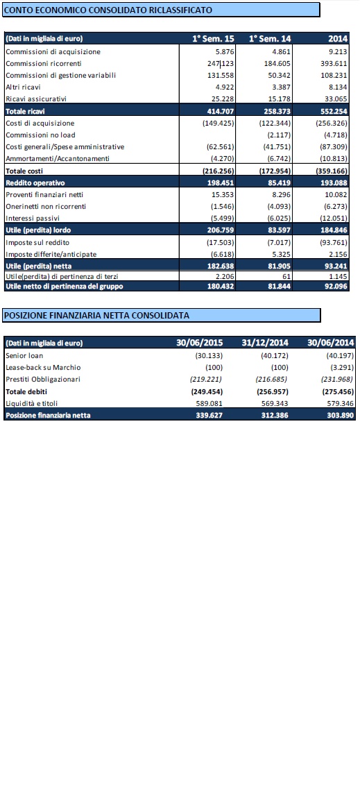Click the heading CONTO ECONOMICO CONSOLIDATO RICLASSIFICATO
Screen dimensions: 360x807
click(x=108, y=10)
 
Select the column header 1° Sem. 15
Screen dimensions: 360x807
click(x=213, y=39)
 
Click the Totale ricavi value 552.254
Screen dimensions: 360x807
click(x=334, y=110)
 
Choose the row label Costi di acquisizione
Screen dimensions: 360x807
click(x=40, y=123)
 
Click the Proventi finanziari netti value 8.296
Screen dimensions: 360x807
click(x=280, y=194)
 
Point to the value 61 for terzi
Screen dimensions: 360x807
click(x=286, y=277)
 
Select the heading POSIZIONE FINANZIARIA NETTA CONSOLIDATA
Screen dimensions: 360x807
click(x=96, y=315)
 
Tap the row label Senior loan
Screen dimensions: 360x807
click(x=25, y=356)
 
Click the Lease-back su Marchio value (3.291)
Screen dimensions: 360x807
click(x=341, y=368)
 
